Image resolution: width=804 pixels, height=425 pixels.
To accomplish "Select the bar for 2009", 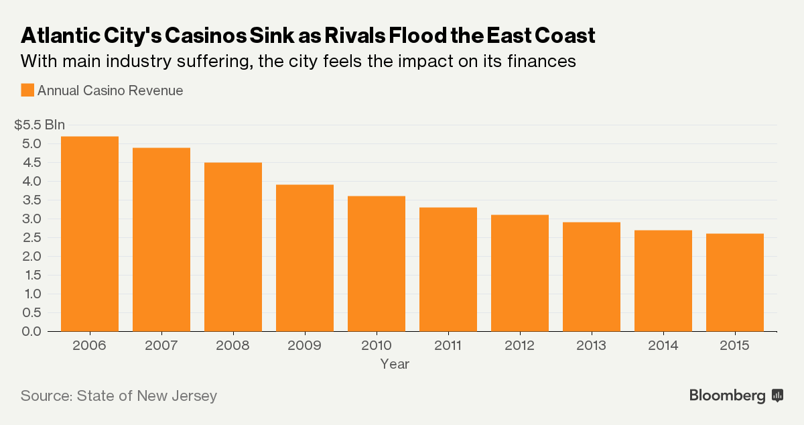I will [x=305, y=257].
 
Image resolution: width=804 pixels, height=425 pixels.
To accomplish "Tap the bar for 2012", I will [x=520, y=273].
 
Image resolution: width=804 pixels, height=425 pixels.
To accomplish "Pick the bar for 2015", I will [x=735, y=282].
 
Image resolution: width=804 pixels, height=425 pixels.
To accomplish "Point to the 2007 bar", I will [x=161, y=239].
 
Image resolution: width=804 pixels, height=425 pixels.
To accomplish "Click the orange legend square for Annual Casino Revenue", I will [x=27, y=90].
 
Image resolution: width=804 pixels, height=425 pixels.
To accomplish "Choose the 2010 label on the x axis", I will [x=377, y=345].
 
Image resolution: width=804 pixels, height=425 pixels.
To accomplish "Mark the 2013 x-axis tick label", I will [x=592, y=345].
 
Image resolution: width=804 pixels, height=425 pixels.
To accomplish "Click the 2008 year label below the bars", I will [x=233, y=345].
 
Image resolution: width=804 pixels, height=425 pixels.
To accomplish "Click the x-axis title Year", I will [x=395, y=364].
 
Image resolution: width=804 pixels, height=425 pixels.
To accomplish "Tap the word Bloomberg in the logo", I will [x=727, y=396].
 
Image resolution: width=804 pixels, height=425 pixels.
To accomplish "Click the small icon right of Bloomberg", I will [x=777, y=396].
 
